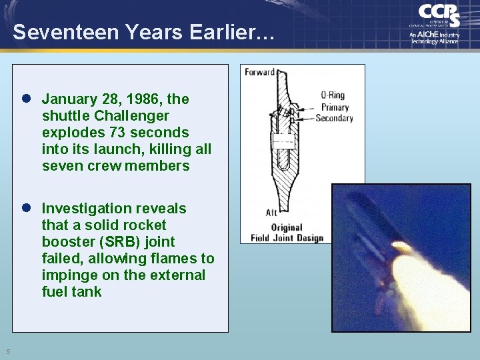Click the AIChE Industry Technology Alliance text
pyautogui.click(x=435, y=37)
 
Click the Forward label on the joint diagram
pyautogui.click(x=259, y=72)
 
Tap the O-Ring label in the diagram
pyautogui.click(x=333, y=96)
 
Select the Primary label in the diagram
pyautogui.click(x=335, y=107)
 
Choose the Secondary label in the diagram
pyautogui.click(x=334, y=118)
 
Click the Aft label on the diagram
pyautogui.click(x=271, y=213)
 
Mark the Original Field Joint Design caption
pyautogui.click(x=287, y=233)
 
